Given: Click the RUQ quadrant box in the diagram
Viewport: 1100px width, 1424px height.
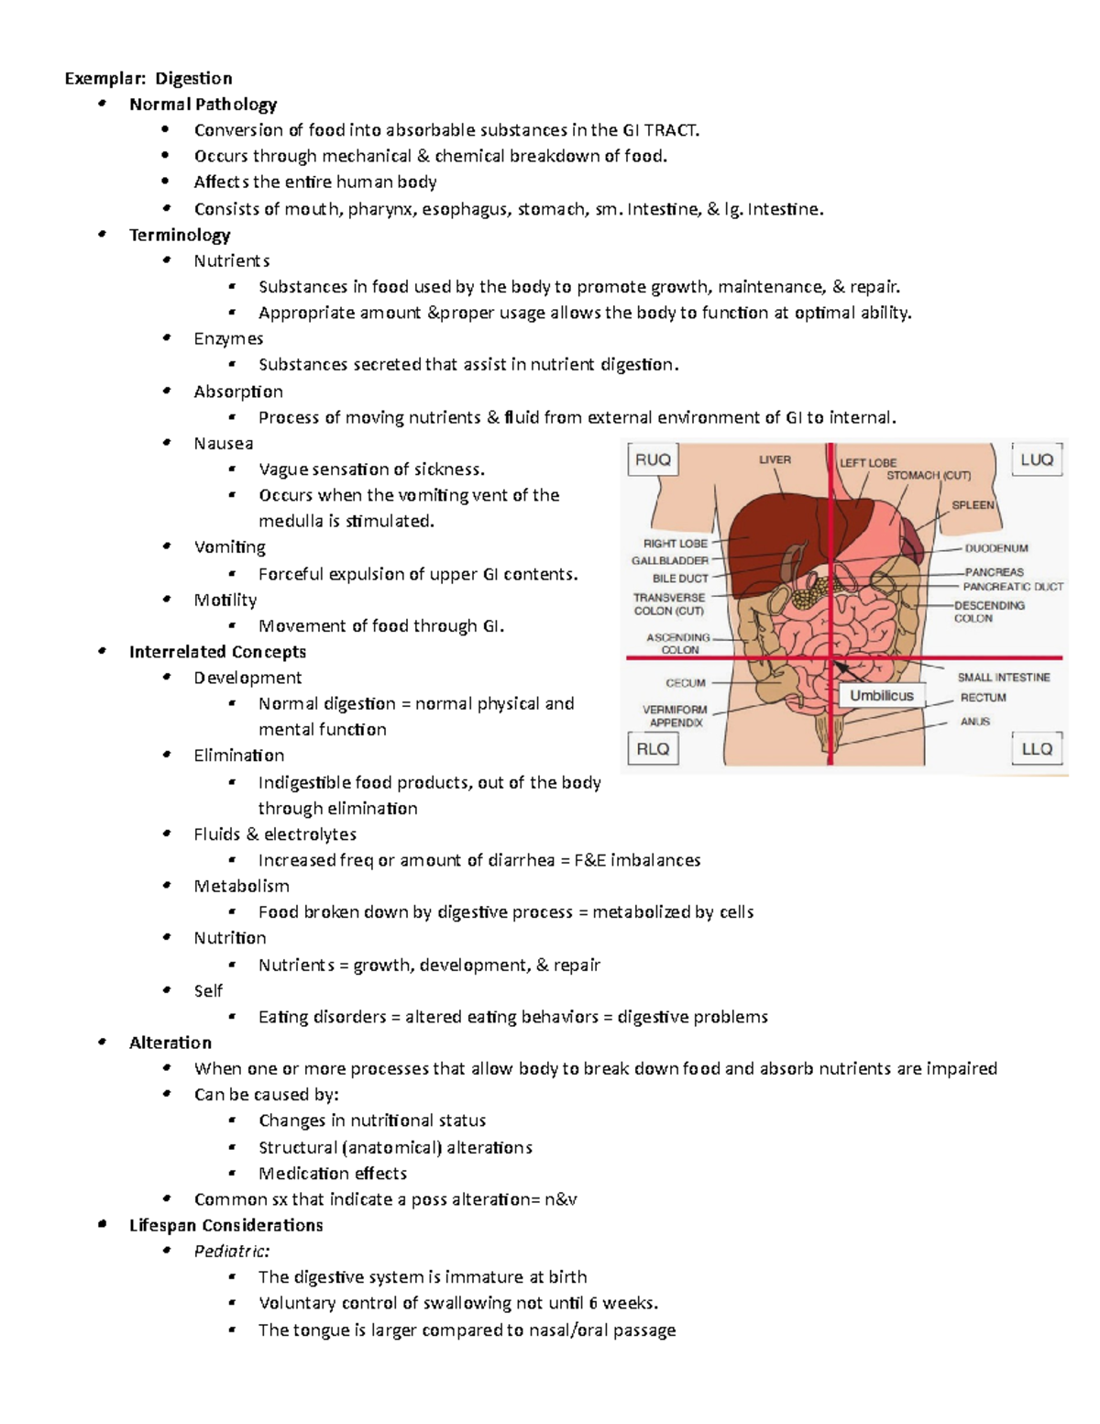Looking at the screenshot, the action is pos(653,459).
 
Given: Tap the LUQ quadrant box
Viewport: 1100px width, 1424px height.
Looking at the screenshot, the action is pos(1037,459).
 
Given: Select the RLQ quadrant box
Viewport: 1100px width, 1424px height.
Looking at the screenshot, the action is pos(653,748).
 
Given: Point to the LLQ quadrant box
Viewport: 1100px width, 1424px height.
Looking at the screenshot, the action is pos(1037,748).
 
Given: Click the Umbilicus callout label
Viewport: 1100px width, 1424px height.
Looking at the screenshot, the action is pos(881,695).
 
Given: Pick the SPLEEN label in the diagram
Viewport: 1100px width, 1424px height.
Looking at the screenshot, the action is pos(973,504).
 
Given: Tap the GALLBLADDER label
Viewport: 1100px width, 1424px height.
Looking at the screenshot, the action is pos(670,560).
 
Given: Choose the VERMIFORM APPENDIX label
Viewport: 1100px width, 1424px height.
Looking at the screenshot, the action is pos(676,715).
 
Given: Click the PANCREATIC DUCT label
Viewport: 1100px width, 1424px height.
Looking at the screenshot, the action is pos(1013,586).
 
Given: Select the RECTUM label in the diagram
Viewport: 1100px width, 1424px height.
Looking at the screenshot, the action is pos(983,698).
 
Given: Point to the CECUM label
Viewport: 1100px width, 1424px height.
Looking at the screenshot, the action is pos(686,682).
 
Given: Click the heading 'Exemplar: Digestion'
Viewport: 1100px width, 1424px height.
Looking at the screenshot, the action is pos(148,78).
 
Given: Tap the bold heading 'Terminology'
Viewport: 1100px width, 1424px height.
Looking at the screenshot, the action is pos(180,235).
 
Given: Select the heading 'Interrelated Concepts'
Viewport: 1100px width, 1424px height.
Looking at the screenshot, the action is pos(217,652).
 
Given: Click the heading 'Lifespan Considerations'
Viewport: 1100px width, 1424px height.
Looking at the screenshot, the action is pos(225,1225).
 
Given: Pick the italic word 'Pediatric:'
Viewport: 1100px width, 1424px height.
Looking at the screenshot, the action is pos(232,1251).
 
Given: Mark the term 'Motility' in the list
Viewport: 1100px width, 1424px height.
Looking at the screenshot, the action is pos(225,600).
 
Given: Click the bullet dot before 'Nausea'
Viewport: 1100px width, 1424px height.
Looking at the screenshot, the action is pos(167,443).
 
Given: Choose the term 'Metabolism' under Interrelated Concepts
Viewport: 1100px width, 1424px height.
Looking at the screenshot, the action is pos(241,886).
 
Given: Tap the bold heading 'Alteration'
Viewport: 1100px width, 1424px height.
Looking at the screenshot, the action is pos(170,1043).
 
